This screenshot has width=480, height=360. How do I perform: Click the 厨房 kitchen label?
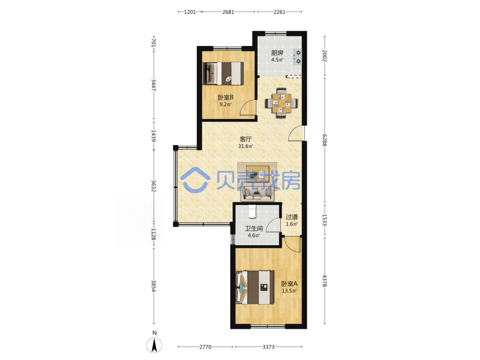[x=277, y=53]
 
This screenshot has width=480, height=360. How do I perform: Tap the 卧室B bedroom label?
[x=226, y=97]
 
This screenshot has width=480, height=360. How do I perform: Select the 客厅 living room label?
[x=245, y=139]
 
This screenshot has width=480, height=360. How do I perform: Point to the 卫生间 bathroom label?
[x=254, y=228]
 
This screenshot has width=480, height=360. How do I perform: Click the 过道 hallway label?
[x=291, y=217]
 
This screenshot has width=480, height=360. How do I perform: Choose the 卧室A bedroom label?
[x=289, y=284]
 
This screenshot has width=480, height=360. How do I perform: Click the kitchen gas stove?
[x=297, y=57]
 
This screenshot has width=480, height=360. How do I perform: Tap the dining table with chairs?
[x=281, y=103]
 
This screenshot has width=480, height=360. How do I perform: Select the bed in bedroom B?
[x=223, y=73]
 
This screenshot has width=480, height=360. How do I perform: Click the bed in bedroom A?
[x=255, y=288]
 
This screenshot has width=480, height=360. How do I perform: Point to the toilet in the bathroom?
[x=252, y=212]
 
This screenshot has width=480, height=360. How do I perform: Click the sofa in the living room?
[x=257, y=193]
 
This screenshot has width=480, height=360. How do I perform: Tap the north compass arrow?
[x=155, y=345]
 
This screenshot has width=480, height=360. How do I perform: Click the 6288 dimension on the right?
[x=324, y=140]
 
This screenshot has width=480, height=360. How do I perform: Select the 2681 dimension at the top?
[x=228, y=12]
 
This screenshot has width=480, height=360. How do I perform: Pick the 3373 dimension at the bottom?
[x=268, y=347]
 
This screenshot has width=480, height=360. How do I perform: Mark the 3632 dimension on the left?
[x=154, y=186]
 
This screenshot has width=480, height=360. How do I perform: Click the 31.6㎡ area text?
[x=245, y=146]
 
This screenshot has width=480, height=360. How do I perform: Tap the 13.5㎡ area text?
[x=289, y=291]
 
